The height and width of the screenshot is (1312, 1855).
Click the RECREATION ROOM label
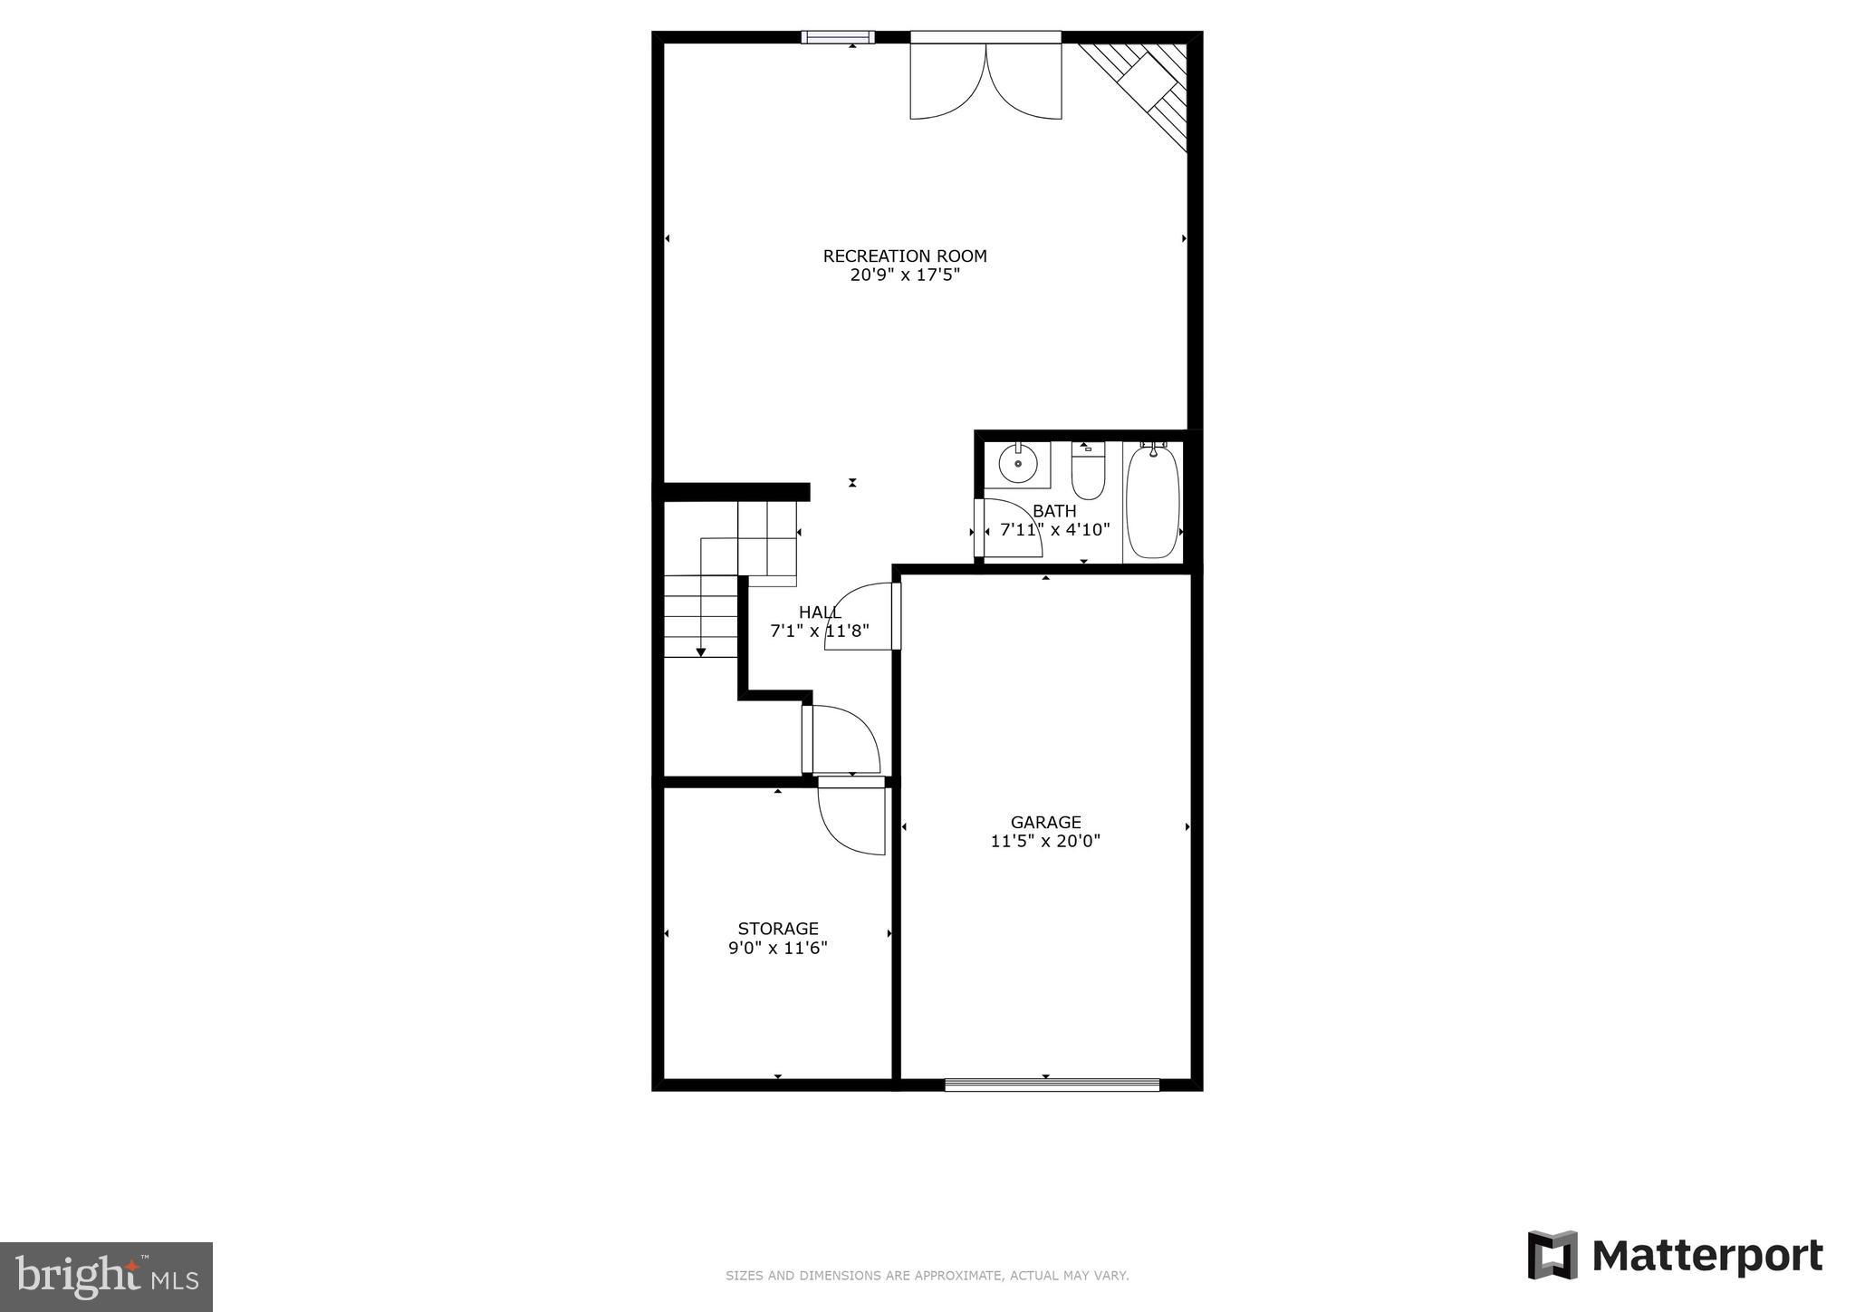tap(904, 256)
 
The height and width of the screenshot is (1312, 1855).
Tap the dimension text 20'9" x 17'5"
tap(904, 275)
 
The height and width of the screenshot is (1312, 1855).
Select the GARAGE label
tap(1045, 822)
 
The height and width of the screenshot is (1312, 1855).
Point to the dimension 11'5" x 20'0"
tap(1045, 841)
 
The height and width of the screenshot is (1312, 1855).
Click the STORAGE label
tap(778, 929)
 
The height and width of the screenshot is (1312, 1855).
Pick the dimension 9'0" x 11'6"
tap(778, 949)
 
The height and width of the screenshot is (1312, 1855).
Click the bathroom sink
tap(1018, 464)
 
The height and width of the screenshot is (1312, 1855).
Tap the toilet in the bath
tap(1088, 472)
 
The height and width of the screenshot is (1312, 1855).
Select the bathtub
tap(1152, 501)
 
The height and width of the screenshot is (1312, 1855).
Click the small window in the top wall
tap(838, 37)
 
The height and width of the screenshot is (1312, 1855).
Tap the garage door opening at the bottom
tap(1052, 1085)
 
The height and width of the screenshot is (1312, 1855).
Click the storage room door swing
tap(851, 820)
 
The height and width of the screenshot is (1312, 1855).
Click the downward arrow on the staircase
tap(700, 651)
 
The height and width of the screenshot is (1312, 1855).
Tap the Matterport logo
tap(1676, 1256)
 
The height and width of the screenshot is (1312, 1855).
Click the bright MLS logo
tap(106, 1277)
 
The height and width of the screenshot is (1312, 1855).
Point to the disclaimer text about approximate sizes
tap(927, 1276)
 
